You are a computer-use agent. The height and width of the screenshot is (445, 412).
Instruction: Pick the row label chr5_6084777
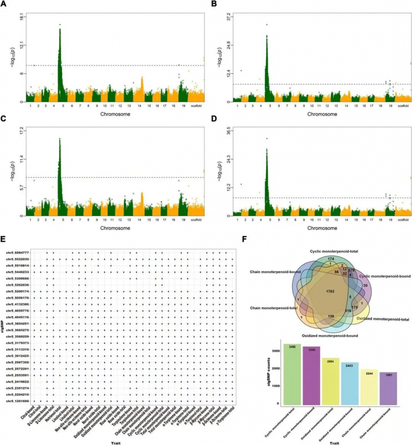[17, 252]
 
